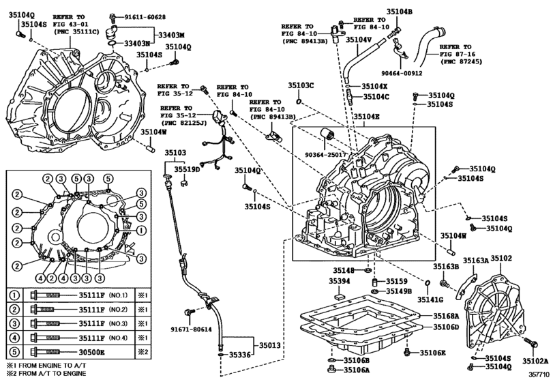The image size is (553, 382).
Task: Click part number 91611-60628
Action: [x=145, y=16]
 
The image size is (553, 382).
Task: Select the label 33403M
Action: [x=171, y=35]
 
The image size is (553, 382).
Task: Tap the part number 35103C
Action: [x=301, y=85]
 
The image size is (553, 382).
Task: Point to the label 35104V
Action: [x=359, y=40]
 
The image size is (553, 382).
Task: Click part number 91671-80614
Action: [x=191, y=329]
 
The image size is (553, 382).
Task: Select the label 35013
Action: [x=270, y=345]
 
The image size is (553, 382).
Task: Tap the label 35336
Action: [x=240, y=355]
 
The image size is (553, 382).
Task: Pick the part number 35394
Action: [x=340, y=281]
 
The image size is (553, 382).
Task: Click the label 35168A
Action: [x=446, y=316]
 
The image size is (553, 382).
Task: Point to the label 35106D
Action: [x=446, y=327]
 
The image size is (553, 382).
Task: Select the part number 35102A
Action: [x=536, y=360]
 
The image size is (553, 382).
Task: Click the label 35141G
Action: [x=430, y=299]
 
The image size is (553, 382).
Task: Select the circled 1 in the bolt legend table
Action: [x=14, y=295]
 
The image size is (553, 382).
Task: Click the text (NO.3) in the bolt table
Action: [x=118, y=323]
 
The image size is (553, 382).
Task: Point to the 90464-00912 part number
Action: [x=402, y=74]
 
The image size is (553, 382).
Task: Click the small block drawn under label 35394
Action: [x=340, y=296]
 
